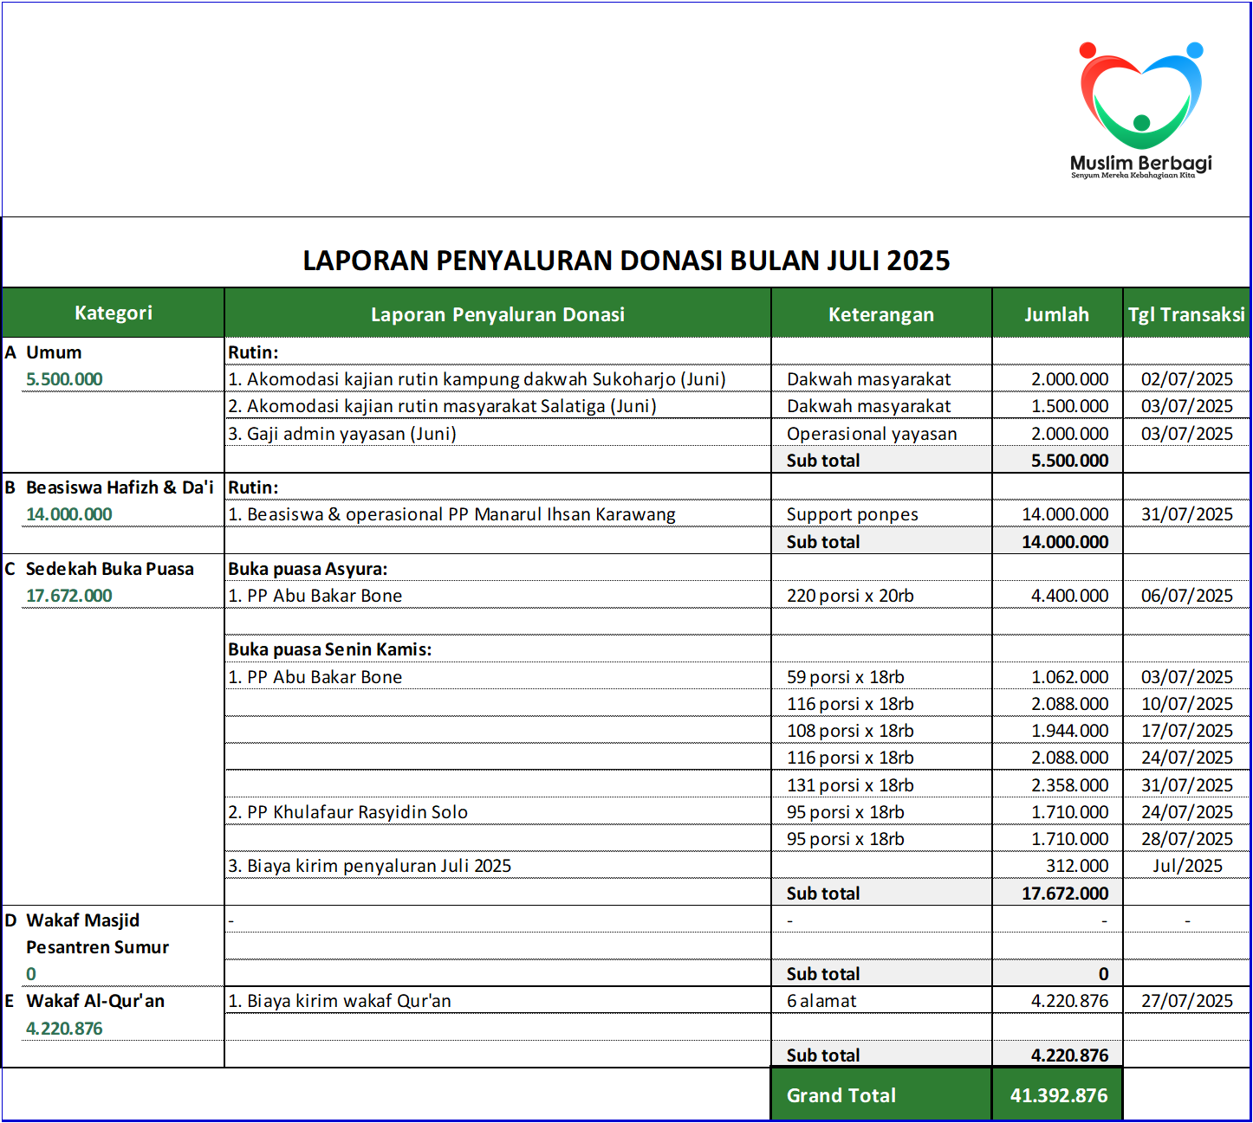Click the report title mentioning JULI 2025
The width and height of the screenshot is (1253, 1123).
(x=626, y=261)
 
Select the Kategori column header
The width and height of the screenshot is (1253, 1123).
(x=114, y=313)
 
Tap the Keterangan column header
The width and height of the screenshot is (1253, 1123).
(x=880, y=314)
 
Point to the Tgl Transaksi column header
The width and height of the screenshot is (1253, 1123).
(x=1186, y=314)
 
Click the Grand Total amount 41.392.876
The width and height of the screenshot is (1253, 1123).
(x=1058, y=1095)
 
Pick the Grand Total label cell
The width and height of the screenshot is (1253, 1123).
(x=841, y=1095)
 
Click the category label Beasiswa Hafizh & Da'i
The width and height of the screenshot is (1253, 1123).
(x=120, y=487)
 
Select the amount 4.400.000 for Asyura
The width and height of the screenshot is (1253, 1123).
(x=1069, y=596)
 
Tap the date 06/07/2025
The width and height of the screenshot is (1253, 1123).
(x=1186, y=596)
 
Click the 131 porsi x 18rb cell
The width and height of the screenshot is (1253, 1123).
(x=850, y=785)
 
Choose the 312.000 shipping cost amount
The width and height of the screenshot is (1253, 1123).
(x=1077, y=866)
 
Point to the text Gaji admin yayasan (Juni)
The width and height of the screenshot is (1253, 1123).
(x=342, y=434)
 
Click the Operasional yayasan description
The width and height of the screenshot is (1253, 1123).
(x=872, y=434)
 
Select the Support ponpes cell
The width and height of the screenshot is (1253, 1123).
(x=852, y=514)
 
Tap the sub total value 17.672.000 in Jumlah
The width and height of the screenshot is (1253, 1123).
(x=1065, y=894)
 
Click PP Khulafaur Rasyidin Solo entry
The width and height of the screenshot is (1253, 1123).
(x=348, y=812)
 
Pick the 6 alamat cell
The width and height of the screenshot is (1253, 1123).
(x=821, y=1001)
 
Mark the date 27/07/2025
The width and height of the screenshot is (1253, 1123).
(x=1186, y=1001)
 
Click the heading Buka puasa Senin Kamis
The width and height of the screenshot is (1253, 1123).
(x=329, y=649)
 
